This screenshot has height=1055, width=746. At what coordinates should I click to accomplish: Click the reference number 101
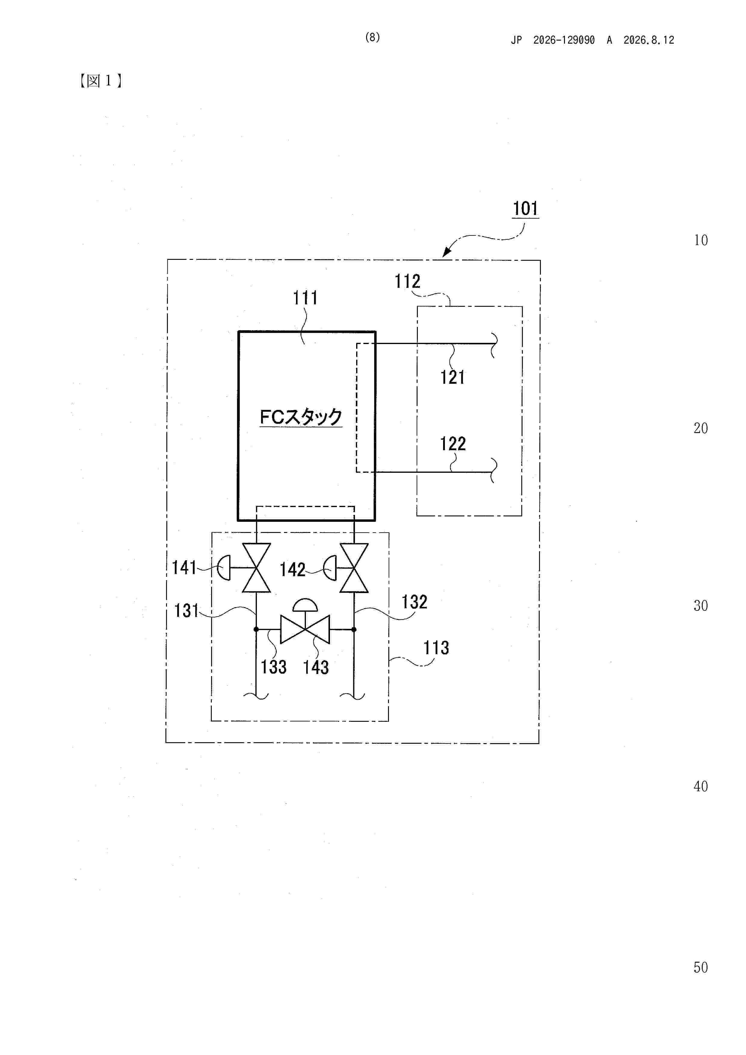tap(526, 209)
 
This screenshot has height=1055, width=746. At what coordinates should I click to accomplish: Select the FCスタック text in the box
tap(301, 417)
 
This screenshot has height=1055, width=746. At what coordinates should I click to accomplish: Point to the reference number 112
tap(408, 281)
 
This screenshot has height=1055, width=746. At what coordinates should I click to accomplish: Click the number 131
tap(186, 611)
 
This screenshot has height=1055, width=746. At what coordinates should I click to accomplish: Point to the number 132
tap(414, 602)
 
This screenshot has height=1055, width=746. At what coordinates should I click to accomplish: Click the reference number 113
tap(436, 648)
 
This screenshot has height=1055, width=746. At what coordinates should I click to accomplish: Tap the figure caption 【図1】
tap(101, 81)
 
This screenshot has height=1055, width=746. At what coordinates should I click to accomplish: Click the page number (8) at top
tap(372, 38)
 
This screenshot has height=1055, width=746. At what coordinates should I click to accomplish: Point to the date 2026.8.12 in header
tap(649, 40)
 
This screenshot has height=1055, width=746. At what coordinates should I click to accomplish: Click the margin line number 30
tap(701, 606)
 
